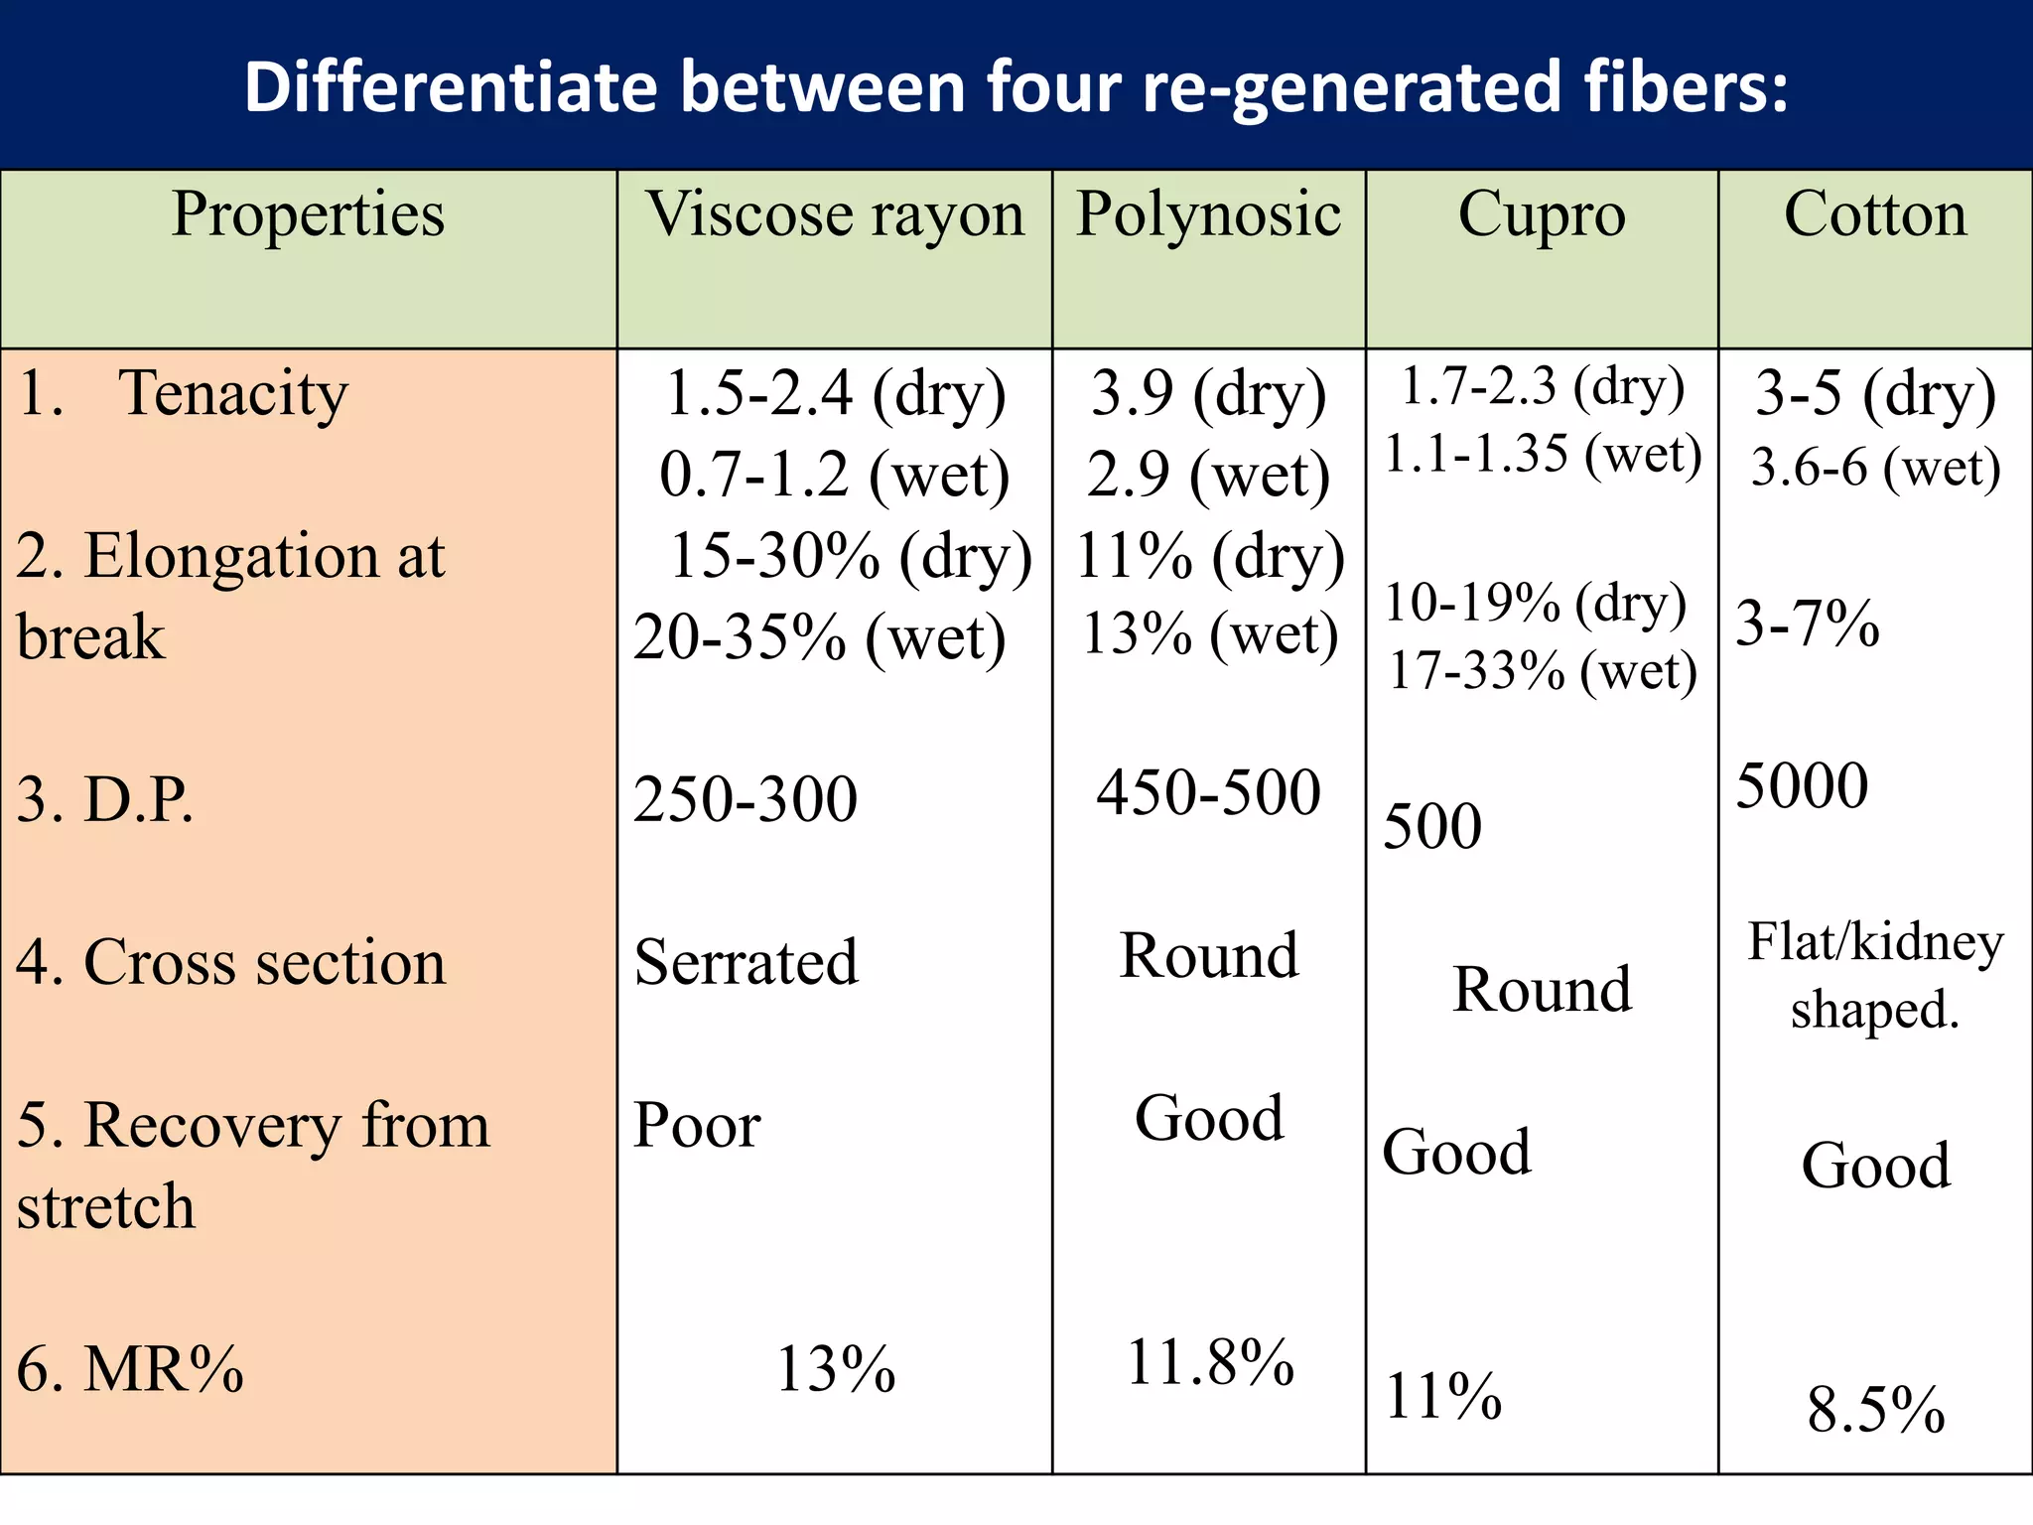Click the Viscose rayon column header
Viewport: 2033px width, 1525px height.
[x=835, y=215]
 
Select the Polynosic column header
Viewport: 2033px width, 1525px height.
[x=1208, y=215]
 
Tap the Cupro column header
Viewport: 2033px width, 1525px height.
[x=1542, y=215]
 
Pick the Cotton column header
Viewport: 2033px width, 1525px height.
[x=1875, y=215]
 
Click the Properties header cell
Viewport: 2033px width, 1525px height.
[x=308, y=215]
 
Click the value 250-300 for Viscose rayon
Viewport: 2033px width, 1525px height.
[x=745, y=800]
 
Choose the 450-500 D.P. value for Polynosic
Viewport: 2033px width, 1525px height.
[x=1208, y=793]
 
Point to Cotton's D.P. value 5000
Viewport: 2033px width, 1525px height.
[x=1802, y=786]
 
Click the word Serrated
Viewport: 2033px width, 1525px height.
[x=745, y=962]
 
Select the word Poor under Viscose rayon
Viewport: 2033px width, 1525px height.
[x=697, y=1126]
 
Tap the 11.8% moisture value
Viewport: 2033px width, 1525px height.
[x=1210, y=1362]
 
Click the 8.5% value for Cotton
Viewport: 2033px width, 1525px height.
[x=1875, y=1410]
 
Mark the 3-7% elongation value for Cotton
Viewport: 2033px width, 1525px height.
[x=1807, y=624]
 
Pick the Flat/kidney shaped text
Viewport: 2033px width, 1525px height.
[x=1875, y=975]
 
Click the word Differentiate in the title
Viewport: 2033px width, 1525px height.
[x=451, y=87]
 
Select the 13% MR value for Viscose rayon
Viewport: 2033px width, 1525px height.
[x=835, y=1369]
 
